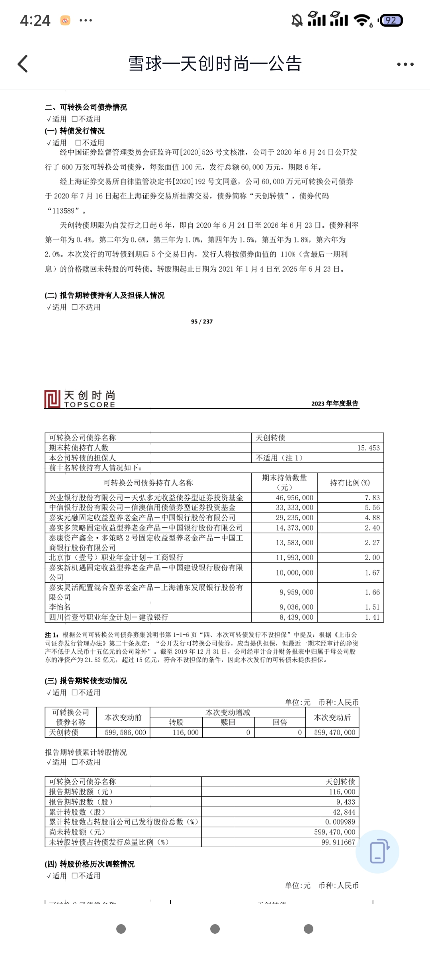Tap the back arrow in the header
coord(23,64)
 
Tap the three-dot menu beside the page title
coord(405,64)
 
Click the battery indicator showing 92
coord(391,20)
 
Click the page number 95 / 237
coord(202,321)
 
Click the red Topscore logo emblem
coord(53,399)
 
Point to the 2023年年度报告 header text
coord(334,403)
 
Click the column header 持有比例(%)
coord(350,483)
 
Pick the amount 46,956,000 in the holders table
coord(295,498)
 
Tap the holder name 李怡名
coord(60,607)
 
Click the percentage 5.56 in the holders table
coord(372,507)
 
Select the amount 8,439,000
coord(296,617)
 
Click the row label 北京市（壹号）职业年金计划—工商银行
coord(116,557)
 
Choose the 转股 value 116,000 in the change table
coord(186,732)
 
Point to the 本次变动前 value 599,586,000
coord(125,732)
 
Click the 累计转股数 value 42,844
coord(344,812)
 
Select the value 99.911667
coord(338,842)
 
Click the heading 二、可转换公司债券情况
coord(86,107)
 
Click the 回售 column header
coord(280,722)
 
